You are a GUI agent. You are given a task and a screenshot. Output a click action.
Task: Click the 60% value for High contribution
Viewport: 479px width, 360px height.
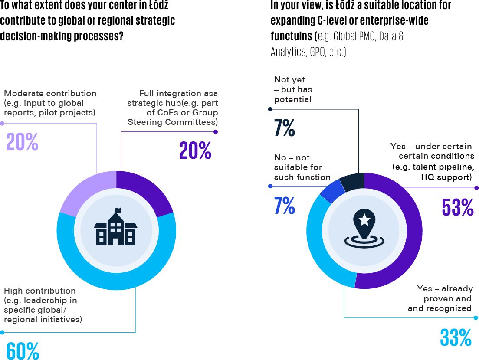click(23, 350)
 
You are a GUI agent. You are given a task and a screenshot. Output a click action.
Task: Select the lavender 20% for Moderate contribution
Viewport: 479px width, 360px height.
click(22, 142)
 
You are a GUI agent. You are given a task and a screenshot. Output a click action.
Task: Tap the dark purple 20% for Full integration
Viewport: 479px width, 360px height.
click(195, 150)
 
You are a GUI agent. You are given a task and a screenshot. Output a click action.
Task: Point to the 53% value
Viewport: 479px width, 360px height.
click(457, 207)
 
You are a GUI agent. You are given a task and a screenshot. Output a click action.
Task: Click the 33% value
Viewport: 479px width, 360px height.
click(456, 337)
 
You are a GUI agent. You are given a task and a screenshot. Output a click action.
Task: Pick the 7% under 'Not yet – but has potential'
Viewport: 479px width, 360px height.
click(285, 128)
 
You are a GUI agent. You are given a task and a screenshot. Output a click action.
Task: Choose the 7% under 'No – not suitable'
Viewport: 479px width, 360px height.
click(285, 206)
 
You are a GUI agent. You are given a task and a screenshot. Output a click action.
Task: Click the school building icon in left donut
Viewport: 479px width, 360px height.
click(116, 227)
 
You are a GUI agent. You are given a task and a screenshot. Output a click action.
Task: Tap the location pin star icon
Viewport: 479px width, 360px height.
click(364, 227)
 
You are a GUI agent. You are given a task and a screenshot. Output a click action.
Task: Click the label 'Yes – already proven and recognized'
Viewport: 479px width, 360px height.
click(440, 298)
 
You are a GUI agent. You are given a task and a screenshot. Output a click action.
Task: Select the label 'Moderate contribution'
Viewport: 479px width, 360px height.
click(50, 93)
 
